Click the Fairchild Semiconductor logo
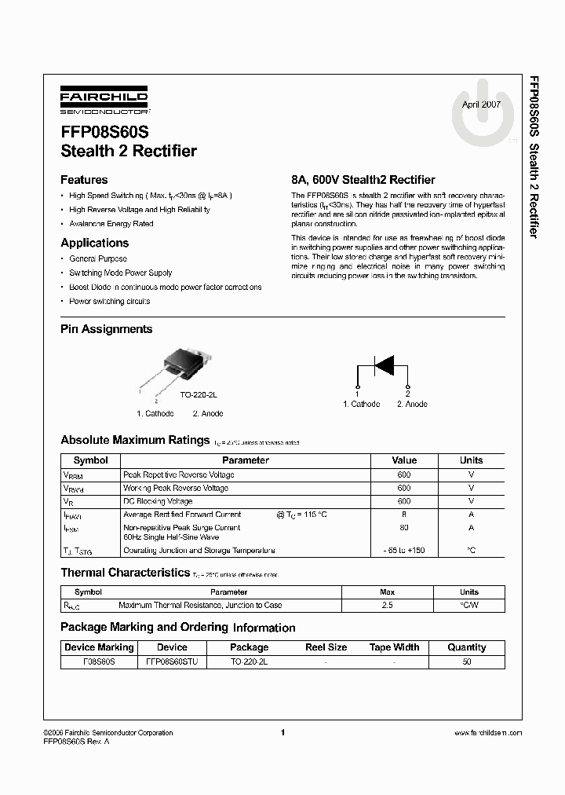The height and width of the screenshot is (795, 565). [x=104, y=102]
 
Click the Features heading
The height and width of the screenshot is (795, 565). [x=84, y=180]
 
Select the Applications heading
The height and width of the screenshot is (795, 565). [x=94, y=244]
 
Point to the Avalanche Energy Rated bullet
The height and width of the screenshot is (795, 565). [x=111, y=224]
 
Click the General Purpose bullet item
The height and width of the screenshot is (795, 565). [x=97, y=258]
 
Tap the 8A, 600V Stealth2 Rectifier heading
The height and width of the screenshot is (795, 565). [x=363, y=180]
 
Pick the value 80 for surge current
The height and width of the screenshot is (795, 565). [x=404, y=528]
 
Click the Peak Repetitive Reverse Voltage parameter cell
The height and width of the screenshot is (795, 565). [x=178, y=475]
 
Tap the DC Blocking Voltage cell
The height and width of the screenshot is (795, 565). [x=157, y=501]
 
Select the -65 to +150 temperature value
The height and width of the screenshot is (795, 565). [x=404, y=551]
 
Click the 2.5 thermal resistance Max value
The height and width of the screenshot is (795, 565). [x=387, y=606]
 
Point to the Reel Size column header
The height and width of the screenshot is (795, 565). [x=326, y=647]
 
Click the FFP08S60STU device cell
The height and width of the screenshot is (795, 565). [x=172, y=662]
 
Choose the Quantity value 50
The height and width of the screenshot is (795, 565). [x=467, y=662]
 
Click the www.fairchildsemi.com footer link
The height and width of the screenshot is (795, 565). [x=487, y=733]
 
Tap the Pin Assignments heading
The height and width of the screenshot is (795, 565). [x=107, y=329]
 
